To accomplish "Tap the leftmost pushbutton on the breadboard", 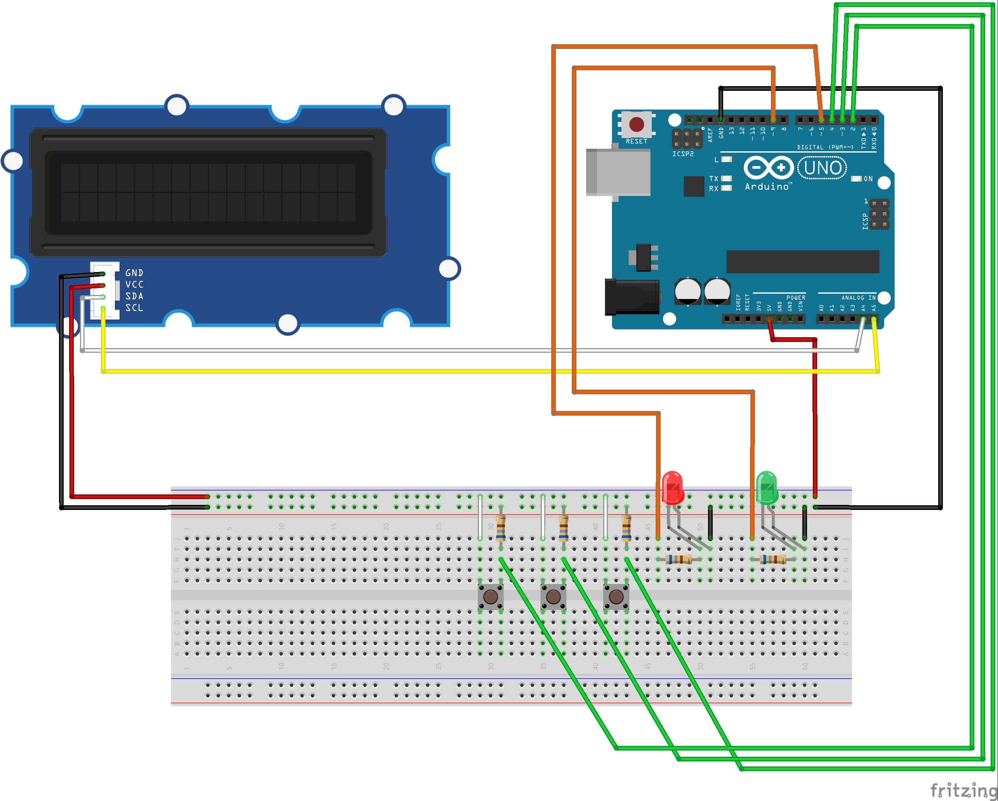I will [490, 597].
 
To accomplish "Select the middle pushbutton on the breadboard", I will [553, 597].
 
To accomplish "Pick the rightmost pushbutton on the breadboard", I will [616, 597].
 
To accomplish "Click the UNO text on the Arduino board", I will [823, 168].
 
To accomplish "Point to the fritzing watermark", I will [963, 789].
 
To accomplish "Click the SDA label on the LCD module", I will [134, 296].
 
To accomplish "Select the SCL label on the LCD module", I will [134, 308].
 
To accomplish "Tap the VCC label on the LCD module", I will [134, 284].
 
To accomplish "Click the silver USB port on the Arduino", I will [618, 172].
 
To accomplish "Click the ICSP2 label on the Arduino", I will [683, 154].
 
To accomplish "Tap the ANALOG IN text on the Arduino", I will [858, 298].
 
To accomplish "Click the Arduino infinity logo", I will [769, 168].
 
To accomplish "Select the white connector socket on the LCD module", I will [105, 291].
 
